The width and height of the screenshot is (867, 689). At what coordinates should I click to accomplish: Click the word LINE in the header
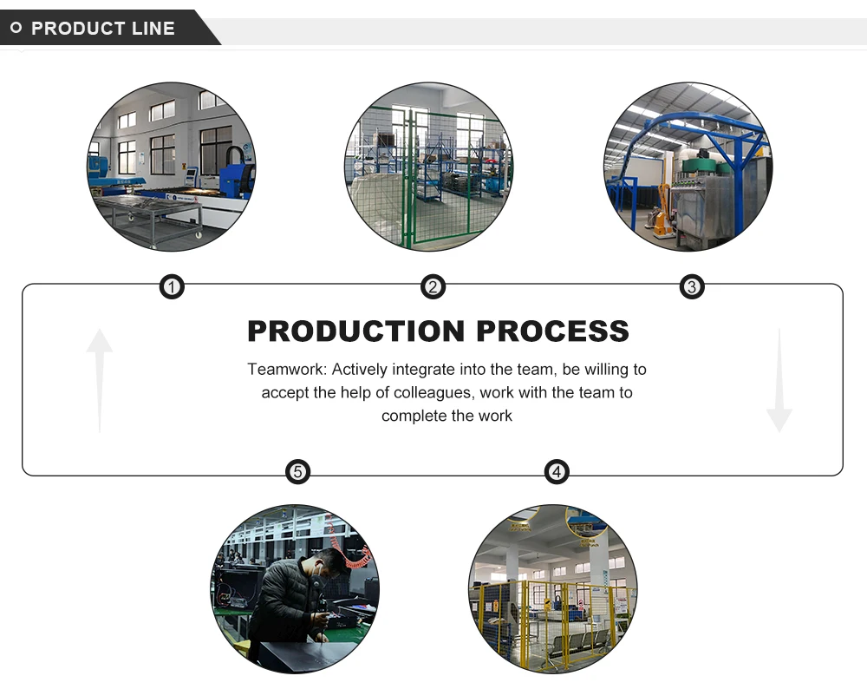(x=154, y=29)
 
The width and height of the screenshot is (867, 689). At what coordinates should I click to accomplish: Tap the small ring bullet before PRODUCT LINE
(x=16, y=29)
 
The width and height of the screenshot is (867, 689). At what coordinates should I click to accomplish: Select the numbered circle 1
(x=172, y=287)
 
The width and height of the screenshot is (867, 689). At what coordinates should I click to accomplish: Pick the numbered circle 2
(x=433, y=287)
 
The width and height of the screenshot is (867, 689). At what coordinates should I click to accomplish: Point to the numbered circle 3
(x=691, y=287)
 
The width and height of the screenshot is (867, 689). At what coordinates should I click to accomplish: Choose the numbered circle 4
(x=557, y=472)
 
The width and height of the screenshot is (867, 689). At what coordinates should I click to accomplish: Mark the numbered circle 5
(x=297, y=472)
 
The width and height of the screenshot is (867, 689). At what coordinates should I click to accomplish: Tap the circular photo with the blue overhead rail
(x=688, y=167)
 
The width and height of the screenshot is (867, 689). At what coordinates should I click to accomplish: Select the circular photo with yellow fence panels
(x=553, y=589)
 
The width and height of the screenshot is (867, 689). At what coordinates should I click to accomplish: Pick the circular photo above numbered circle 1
(x=172, y=167)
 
